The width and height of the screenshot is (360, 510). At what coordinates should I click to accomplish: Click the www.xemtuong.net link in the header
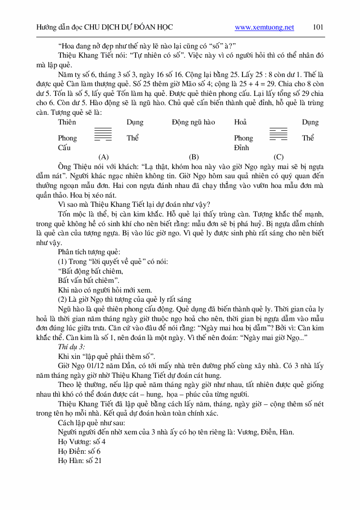point(264,28)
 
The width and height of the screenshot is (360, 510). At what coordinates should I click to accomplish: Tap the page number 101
point(318,27)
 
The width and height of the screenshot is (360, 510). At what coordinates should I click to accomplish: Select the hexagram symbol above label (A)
point(103,134)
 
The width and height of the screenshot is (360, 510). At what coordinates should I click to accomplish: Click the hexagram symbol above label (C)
point(278,134)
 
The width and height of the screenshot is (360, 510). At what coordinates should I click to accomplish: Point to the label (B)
point(194,157)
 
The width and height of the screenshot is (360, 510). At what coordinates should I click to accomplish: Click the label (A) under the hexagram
point(103,157)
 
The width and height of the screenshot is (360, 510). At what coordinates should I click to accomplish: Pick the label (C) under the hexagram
point(278,157)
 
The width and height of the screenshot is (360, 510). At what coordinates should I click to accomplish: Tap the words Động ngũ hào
point(193,122)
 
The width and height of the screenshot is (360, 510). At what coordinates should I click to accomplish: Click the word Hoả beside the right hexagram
point(240,122)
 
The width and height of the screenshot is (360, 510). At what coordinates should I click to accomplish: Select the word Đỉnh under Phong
point(241,148)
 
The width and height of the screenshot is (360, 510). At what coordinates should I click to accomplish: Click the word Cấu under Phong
point(64,148)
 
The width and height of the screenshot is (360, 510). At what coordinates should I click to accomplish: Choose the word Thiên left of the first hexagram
point(67,122)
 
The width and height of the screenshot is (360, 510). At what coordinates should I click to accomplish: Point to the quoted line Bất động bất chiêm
point(90,271)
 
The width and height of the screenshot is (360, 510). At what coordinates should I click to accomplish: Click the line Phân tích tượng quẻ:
point(89,252)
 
